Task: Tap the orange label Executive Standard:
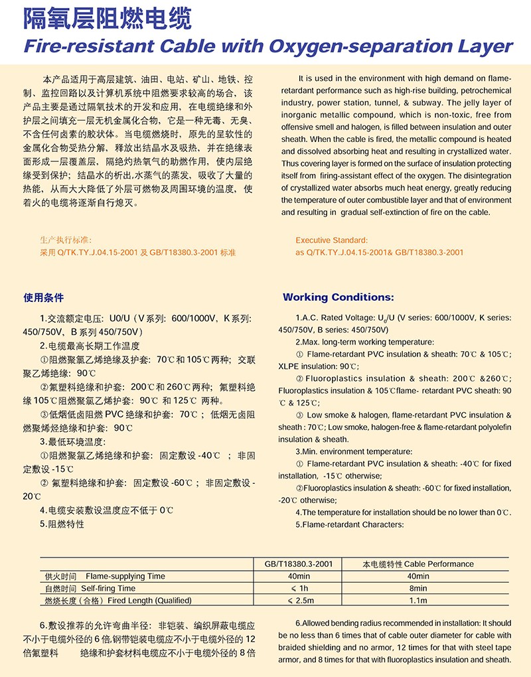pyautogui.click(x=331, y=240)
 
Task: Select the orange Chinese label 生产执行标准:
pyautogui.click(x=66, y=240)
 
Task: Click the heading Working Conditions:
pyautogui.click(x=338, y=297)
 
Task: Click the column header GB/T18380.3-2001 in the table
pyautogui.click(x=298, y=564)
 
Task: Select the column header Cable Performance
pyautogui.click(x=439, y=564)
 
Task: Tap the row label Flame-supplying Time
pyautogui.click(x=125, y=576)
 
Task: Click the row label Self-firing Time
pyautogui.click(x=108, y=588)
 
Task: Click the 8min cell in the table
pyautogui.click(x=418, y=588)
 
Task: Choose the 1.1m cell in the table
pyautogui.click(x=418, y=601)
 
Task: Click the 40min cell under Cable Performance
pyautogui.click(x=418, y=576)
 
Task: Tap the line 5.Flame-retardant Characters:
pyautogui.click(x=349, y=524)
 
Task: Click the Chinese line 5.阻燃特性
pyautogui.click(x=62, y=524)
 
